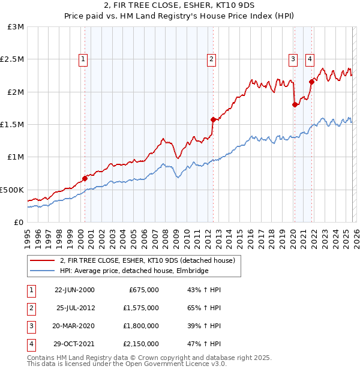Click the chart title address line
click(179, 7)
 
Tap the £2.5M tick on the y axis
click(12, 59)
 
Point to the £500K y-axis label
click(12, 190)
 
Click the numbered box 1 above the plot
click(82, 59)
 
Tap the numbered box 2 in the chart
click(212, 59)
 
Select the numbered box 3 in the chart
click(293, 59)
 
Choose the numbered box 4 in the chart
click(310, 59)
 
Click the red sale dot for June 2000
click(85, 178)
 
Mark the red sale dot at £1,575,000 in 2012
click(213, 119)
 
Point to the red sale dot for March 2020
click(295, 104)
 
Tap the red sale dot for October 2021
click(311, 82)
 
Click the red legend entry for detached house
click(150, 260)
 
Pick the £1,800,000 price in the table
click(144, 326)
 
